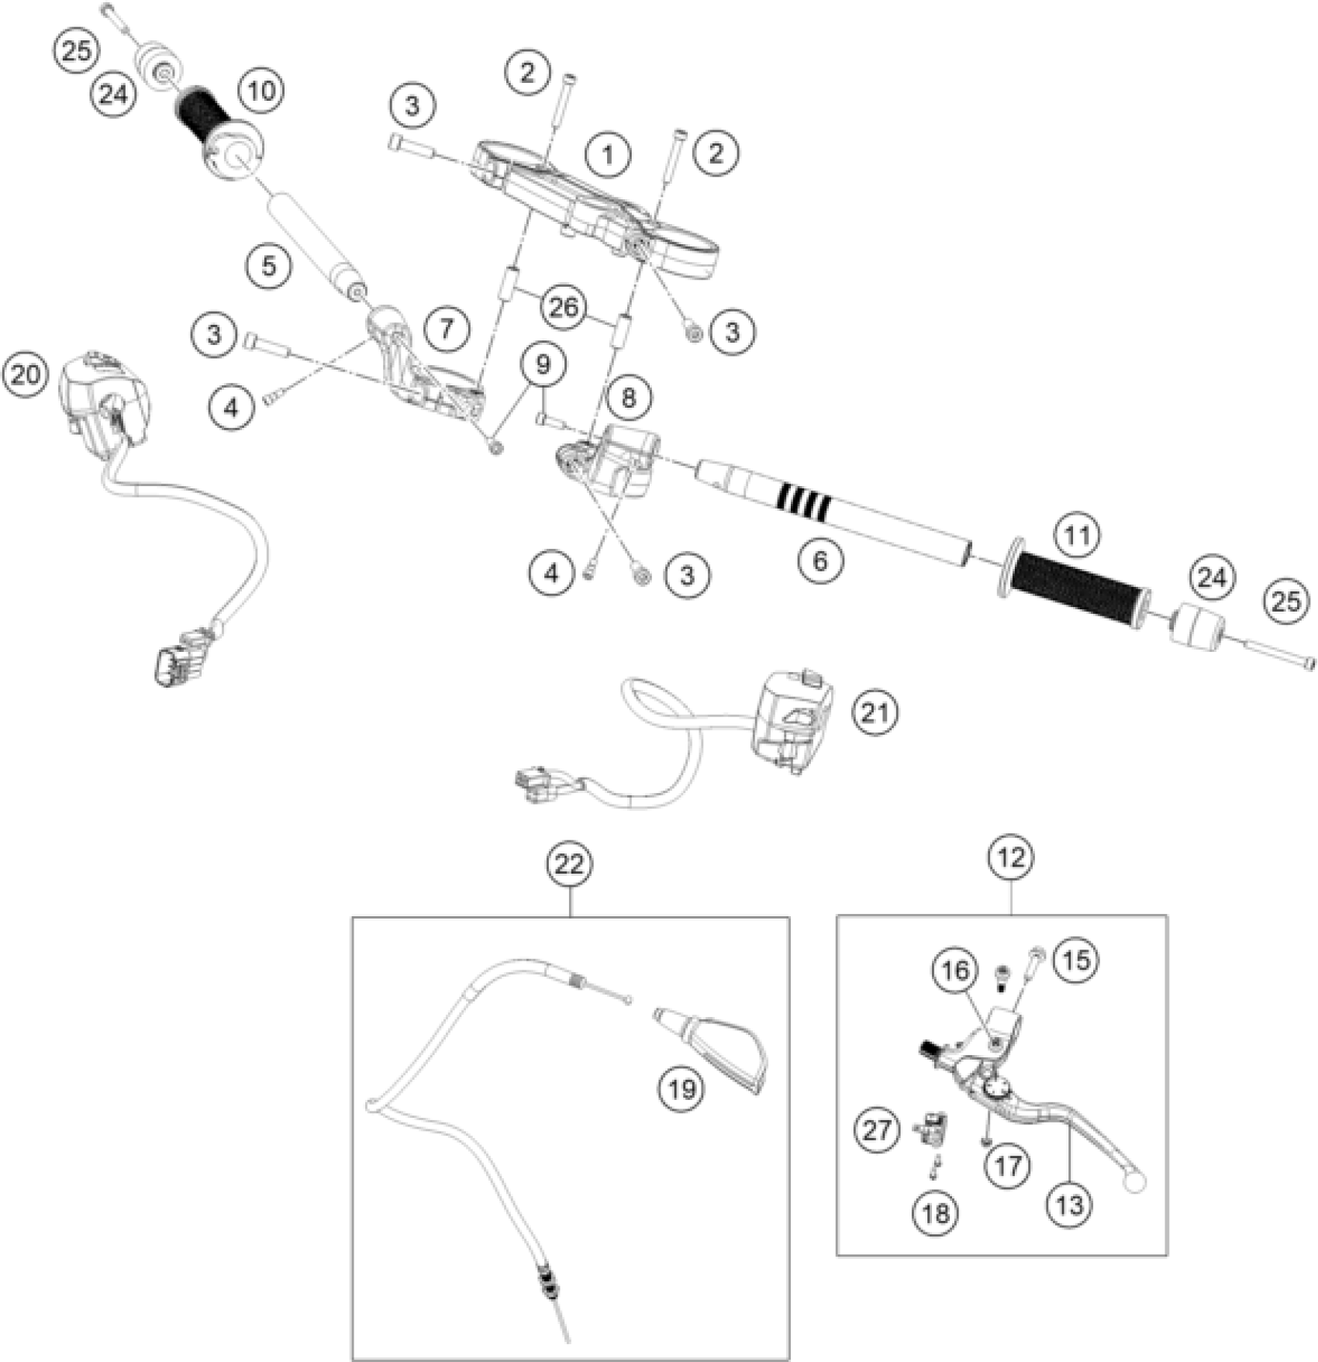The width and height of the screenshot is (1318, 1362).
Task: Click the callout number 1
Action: click(608, 155)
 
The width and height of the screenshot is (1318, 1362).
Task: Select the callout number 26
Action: click(564, 307)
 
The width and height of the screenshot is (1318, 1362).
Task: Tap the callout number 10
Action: click(261, 91)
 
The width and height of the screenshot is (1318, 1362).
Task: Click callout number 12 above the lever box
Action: click(1012, 857)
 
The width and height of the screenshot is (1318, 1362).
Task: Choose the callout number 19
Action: click(682, 1089)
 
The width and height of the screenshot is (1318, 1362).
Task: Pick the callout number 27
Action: click(878, 1129)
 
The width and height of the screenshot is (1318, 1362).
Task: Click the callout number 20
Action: click(25, 374)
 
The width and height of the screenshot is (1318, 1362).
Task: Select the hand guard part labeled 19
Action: click(717, 1046)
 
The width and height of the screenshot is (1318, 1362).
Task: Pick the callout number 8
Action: click(628, 398)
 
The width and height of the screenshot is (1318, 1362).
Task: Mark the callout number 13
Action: click(1068, 1204)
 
